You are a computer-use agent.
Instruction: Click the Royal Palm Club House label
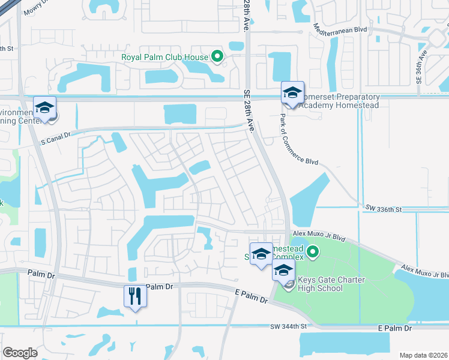pyautogui.click(x=164, y=58)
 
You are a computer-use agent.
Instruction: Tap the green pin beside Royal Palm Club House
pyautogui.click(x=218, y=58)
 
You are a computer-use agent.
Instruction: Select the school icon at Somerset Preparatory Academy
pyautogui.click(x=292, y=92)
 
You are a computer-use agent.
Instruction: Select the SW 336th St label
pyautogui.click(x=382, y=208)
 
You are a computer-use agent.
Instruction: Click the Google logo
pyautogui.click(x=20, y=352)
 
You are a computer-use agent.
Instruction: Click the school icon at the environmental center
pyautogui.click(x=44, y=107)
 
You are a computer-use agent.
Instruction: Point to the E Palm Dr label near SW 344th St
pyautogui.click(x=395, y=329)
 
